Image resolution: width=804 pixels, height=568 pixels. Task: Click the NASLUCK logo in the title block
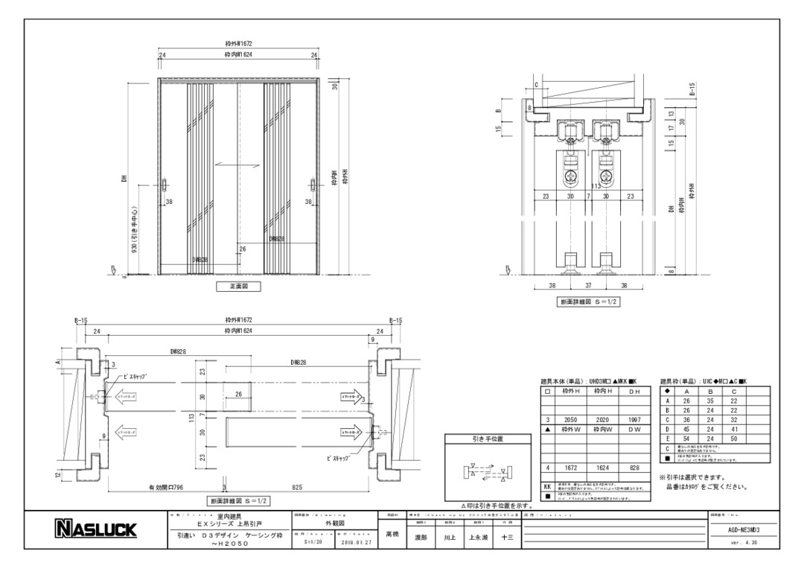pos(96,529)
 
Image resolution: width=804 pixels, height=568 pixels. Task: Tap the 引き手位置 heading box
pos(488,439)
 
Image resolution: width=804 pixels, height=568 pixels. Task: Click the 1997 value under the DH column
pos(634,420)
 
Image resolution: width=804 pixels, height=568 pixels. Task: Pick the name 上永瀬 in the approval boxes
pos(477,536)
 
